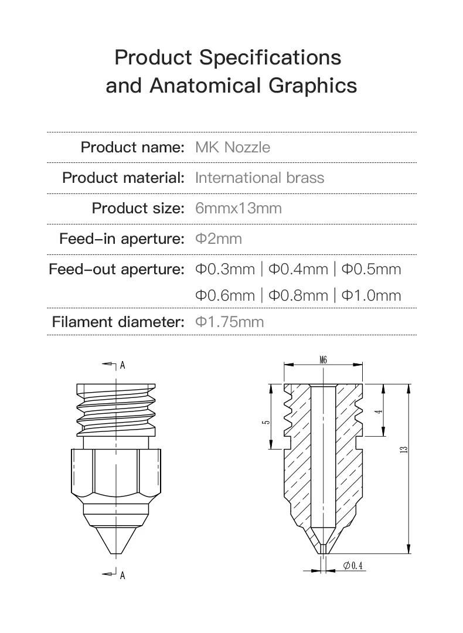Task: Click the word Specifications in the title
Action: coord(270,57)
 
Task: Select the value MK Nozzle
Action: coord(233,147)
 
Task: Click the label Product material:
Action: coord(124,178)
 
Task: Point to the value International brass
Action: coord(259,178)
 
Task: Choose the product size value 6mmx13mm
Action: coord(238,208)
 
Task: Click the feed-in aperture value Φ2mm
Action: coord(218,239)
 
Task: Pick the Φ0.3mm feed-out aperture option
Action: coord(225,269)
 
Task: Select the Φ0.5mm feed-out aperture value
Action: coord(371,269)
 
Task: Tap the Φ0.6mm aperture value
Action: coord(225,295)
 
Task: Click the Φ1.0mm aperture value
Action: coord(371,295)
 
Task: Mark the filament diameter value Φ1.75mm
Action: coord(229,322)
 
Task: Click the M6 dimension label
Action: coord(324,360)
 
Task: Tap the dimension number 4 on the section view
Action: coord(379,411)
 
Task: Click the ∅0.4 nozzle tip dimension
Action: coord(354,565)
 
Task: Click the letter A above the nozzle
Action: coord(122,365)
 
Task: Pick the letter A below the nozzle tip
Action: coord(122,576)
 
